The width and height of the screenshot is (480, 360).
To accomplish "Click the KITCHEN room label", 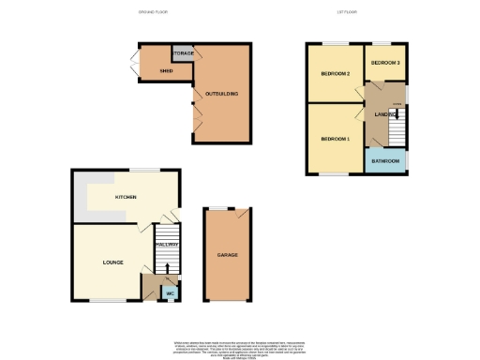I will tap(127, 198).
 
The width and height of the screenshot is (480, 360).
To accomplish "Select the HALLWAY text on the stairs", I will tap(167, 244).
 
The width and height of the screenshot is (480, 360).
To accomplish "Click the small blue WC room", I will tap(171, 293).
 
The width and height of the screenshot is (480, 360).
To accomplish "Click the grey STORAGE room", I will tap(184, 53).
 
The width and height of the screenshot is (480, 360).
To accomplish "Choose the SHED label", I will tap(166, 70).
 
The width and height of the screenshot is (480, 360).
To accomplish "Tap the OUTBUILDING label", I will tap(222, 94).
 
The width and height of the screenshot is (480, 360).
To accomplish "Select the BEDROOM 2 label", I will tap(335, 73).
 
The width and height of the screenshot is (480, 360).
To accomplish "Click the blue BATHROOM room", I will tap(386, 161).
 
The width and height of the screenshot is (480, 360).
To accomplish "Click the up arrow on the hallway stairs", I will tap(168, 268).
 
